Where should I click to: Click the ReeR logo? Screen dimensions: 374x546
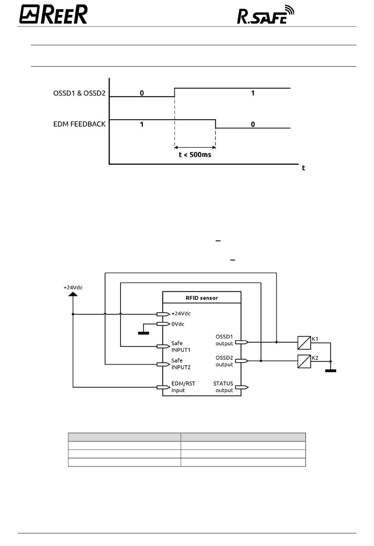tap(53, 15)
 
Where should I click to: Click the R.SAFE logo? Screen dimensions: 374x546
tap(265, 15)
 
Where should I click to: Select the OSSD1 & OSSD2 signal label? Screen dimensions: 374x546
tap(79, 93)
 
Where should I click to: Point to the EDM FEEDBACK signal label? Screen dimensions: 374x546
tap(79, 124)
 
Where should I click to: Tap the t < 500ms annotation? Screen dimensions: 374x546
tap(195, 155)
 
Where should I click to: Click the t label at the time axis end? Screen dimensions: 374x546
tap(304, 168)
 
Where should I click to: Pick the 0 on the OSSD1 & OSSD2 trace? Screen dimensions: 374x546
tap(142, 93)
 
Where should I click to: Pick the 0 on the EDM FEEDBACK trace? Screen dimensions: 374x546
tap(253, 124)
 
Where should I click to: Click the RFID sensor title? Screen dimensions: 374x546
tap(202, 298)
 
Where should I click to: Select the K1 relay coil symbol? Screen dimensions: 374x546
tap(304, 343)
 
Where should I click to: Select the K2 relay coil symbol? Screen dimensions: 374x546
tap(304, 361)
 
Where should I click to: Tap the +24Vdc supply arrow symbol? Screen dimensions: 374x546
tap(73, 294)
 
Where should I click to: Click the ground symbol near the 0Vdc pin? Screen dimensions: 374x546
tap(143, 333)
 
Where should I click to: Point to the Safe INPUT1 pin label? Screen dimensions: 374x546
tap(181, 346)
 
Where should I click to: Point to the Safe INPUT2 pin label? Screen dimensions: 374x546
tap(181, 364)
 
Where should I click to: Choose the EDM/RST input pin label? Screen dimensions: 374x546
tap(183, 387)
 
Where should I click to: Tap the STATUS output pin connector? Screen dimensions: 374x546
tap(242, 387)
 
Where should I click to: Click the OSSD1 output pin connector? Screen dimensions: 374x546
tap(242, 342)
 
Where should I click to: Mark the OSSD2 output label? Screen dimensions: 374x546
tap(224, 361)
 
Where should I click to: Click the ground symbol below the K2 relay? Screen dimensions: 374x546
tap(331, 371)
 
